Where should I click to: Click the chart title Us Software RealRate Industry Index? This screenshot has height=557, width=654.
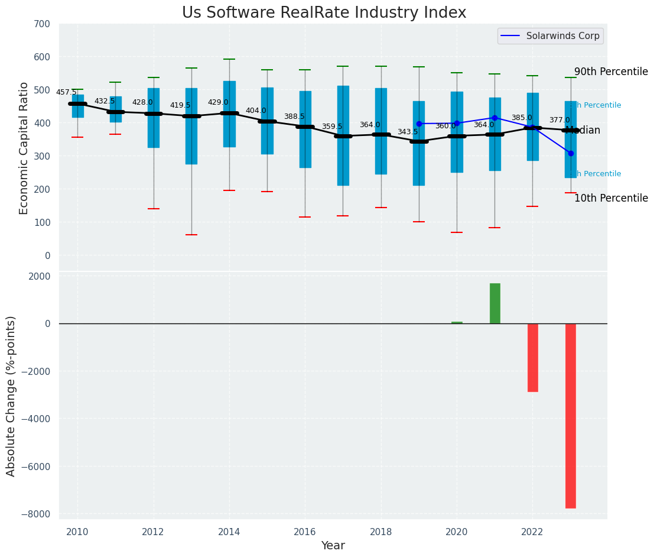pos(324,13)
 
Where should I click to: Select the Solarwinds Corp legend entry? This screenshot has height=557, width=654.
pos(550,36)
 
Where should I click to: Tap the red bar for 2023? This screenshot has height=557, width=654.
pos(570,415)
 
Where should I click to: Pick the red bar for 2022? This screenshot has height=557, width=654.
pos(532,357)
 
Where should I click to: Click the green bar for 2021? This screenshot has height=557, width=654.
pos(494,303)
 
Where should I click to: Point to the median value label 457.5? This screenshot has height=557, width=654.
pos(66,92)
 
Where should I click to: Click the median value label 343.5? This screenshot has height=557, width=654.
pos(408,132)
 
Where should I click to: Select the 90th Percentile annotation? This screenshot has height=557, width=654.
pos(611,72)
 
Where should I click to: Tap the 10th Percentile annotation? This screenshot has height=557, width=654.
pos(611,199)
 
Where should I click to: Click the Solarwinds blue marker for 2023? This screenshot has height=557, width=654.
pos(571,153)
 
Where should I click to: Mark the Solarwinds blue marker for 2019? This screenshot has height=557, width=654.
pos(419,124)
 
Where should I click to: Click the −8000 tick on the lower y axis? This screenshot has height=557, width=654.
pos(37,514)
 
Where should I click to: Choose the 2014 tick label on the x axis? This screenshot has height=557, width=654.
pos(229,532)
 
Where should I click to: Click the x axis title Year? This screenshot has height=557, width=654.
pos(333,545)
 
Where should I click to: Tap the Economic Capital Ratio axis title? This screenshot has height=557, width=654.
pos(24,148)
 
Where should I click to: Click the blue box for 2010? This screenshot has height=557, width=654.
pos(78,106)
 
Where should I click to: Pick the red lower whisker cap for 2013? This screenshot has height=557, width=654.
pos(191,235)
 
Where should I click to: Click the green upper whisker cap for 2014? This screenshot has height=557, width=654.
pos(229,59)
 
